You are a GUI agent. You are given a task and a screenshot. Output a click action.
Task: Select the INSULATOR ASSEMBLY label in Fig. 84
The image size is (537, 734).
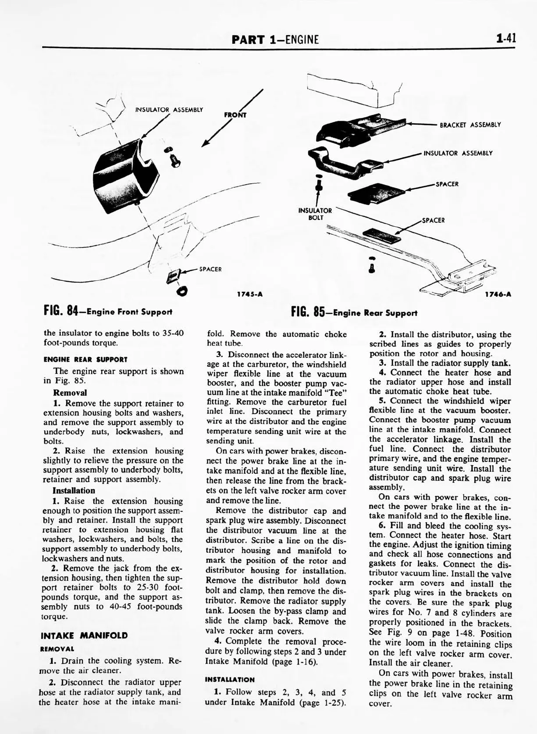point(169,110)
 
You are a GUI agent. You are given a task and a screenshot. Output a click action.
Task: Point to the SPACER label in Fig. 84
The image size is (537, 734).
point(210,269)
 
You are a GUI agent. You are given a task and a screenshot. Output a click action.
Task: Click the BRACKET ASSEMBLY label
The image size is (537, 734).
point(470,125)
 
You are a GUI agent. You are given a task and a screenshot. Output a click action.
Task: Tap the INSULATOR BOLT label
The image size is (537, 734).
point(315,214)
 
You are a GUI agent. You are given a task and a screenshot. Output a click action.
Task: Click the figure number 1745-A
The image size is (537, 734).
point(249,294)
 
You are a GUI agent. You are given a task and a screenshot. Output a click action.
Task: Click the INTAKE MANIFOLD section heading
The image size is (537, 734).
point(84,635)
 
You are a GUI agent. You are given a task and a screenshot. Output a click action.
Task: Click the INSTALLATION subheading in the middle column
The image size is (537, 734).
point(229,680)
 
